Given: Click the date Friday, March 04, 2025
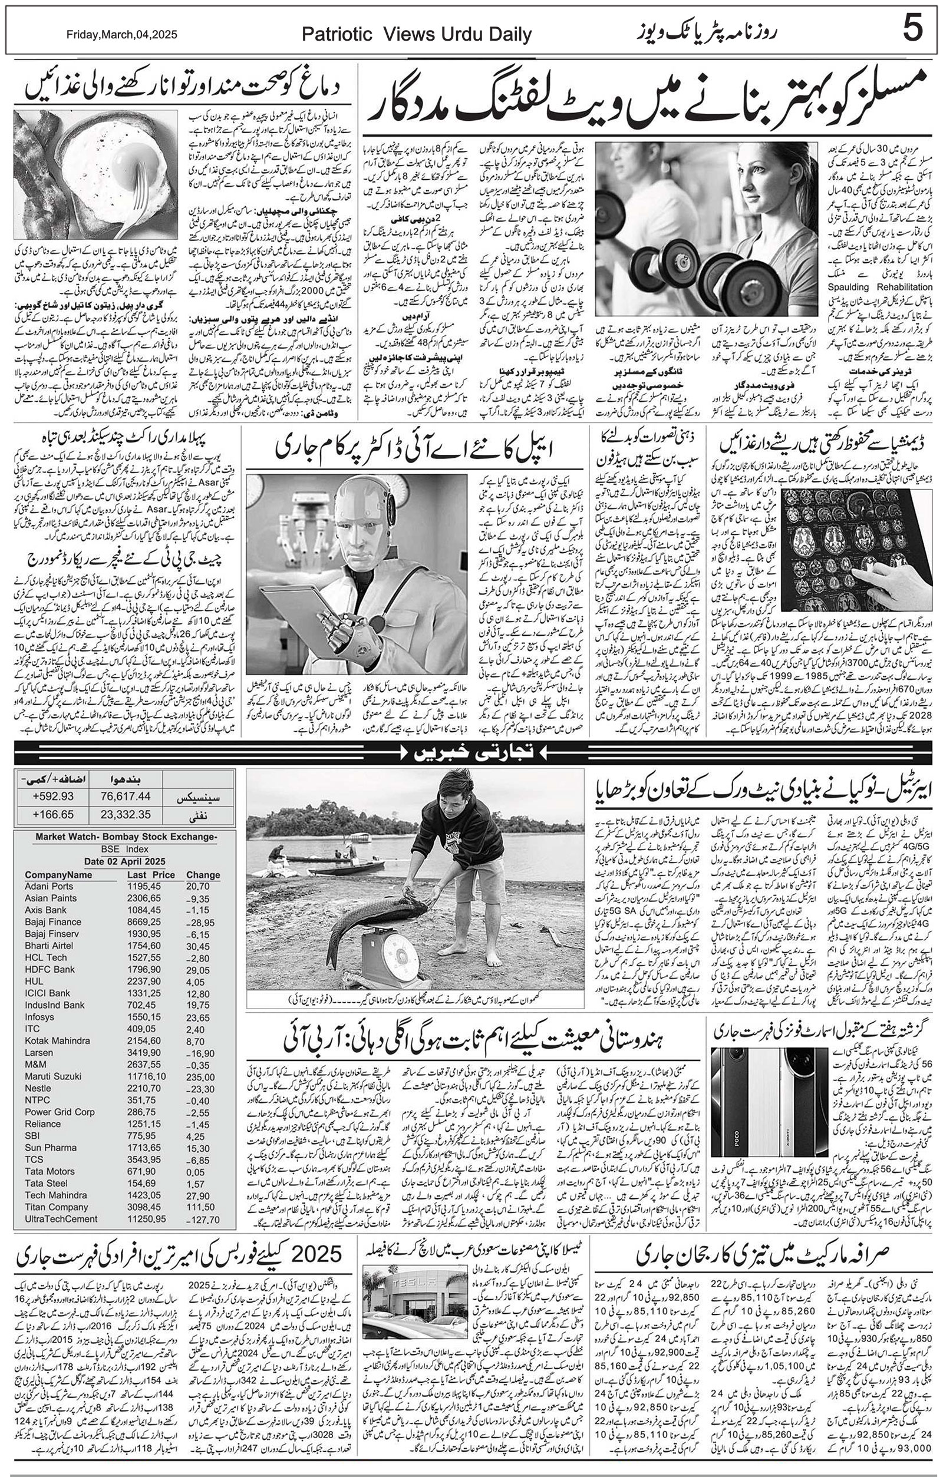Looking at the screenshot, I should pos(121,35).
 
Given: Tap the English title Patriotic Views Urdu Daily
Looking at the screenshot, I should pos(417,35).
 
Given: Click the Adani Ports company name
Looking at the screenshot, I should pos(49,885).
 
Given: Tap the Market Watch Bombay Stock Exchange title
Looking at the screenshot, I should pos(126,837).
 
